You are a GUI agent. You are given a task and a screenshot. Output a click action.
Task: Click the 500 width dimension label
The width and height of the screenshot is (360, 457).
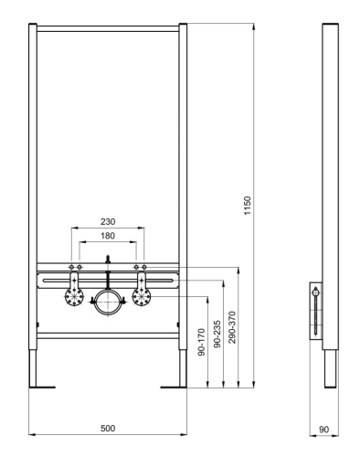[109, 428]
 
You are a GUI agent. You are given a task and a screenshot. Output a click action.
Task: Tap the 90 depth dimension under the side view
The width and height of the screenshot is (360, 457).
[323, 428]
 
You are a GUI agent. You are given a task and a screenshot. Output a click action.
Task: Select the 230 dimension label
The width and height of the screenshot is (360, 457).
[108, 221]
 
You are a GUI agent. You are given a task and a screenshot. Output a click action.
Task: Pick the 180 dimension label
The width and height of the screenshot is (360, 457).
[108, 235]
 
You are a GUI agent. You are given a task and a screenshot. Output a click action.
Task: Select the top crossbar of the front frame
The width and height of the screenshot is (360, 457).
[109, 27]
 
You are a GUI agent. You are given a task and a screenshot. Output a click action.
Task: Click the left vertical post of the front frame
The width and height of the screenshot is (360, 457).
[33, 183]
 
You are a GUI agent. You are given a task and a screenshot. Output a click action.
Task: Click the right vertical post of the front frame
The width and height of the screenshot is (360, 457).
[184, 183]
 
